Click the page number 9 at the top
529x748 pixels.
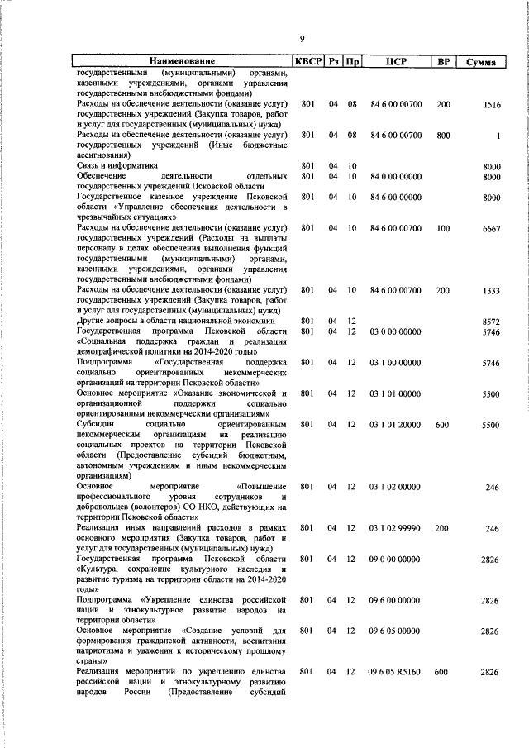click(x=303, y=39)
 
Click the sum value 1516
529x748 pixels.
click(x=493, y=105)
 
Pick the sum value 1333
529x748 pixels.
click(x=492, y=291)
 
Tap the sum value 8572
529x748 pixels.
click(x=492, y=322)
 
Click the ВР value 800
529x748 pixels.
click(x=443, y=136)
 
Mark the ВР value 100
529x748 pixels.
click(x=443, y=228)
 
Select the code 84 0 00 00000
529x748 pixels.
click(x=396, y=176)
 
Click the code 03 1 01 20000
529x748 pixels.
click(x=396, y=425)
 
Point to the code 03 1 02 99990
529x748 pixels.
click(x=396, y=528)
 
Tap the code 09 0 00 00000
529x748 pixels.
click(x=396, y=560)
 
